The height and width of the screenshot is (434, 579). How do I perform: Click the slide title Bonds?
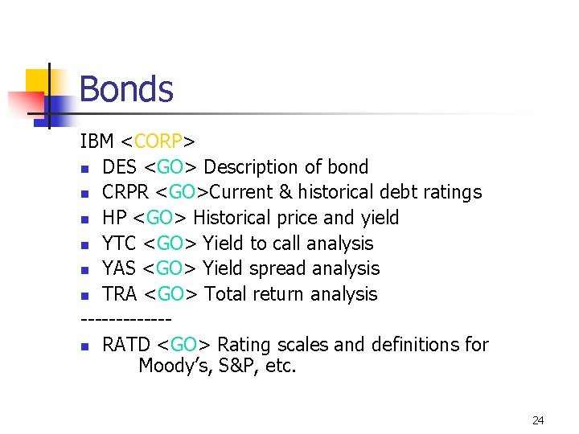pyautogui.click(x=126, y=88)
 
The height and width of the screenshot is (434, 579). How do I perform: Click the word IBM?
pyautogui.click(x=97, y=142)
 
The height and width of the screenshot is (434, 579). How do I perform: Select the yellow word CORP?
pyautogui.click(x=158, y=142)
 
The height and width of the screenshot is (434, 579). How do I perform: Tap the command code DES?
pyautogui.click(x=119, y=167)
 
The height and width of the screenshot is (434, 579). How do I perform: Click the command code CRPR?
pyautogui.click(x=125, y=193)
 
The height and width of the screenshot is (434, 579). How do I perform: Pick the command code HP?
pyautogui.click(x=114, y=218)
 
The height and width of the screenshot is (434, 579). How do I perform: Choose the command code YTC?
pyautogui.click(x=119, y=244)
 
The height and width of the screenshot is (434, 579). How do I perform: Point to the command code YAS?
pyautogui.click(x=119, y=268)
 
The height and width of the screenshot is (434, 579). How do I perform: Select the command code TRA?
pyautogui.click(x=120, y=294)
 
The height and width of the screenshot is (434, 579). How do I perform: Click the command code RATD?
pyautogui.click(x=126, y=345)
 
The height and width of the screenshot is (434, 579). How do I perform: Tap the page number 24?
pyautogui.click(x=538, y=420)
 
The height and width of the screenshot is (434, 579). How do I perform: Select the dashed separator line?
pyautogui.click(x=120, y=320)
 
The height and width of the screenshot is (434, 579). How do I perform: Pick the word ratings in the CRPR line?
pyautogui.click(x=450, y=193)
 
